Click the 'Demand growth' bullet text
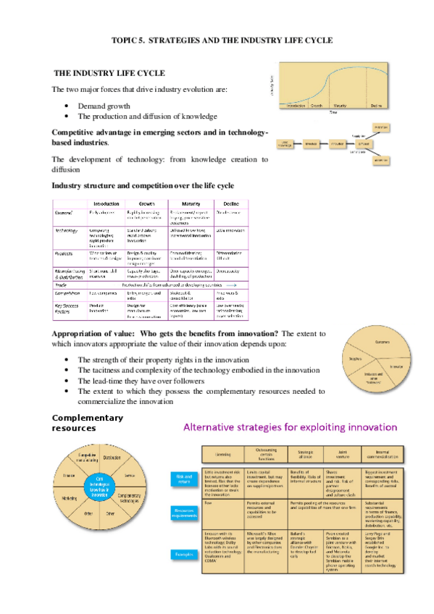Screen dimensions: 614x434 coord(102,106)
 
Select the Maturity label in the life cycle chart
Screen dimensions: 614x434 coord(340,106)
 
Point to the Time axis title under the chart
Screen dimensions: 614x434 coord(334,112)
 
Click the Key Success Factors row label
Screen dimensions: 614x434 coord(67,308)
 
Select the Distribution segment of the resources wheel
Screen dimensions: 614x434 coord(112,458)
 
